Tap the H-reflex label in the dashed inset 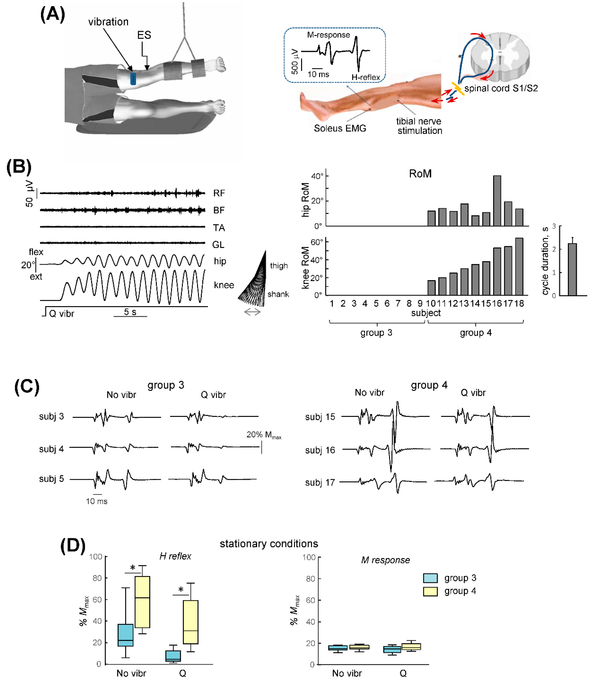(366, 77)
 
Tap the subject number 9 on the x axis (420, 303)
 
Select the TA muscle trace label (219, 228)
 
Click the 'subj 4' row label (51, 449)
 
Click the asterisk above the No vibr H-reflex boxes (133, 568)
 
